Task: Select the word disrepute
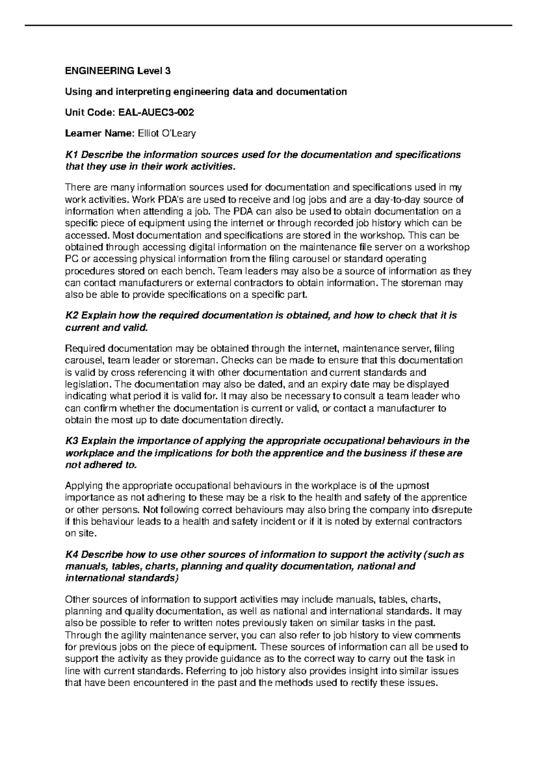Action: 452,510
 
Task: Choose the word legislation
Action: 87,384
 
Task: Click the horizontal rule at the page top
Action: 268,25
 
